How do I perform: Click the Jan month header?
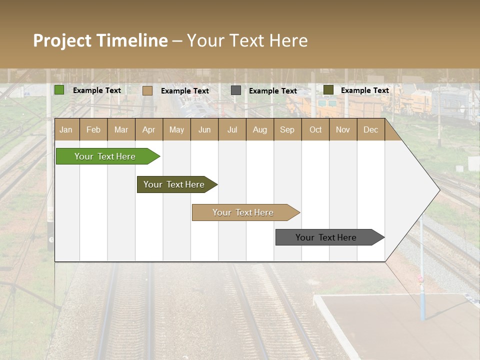(66, 129)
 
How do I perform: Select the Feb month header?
(93, 129)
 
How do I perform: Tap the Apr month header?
(149, 129)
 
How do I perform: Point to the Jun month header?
(204, 129)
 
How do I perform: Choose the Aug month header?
(260, 129)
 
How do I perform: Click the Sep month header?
(287, 129)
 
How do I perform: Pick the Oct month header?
(315, 129)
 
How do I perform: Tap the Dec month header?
(371, 129)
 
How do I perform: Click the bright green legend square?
(59, 90)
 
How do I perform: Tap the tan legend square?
(147, 90)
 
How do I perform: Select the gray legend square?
(236, 90)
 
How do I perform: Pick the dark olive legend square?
(328, 90)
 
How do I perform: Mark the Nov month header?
(343, 129)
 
